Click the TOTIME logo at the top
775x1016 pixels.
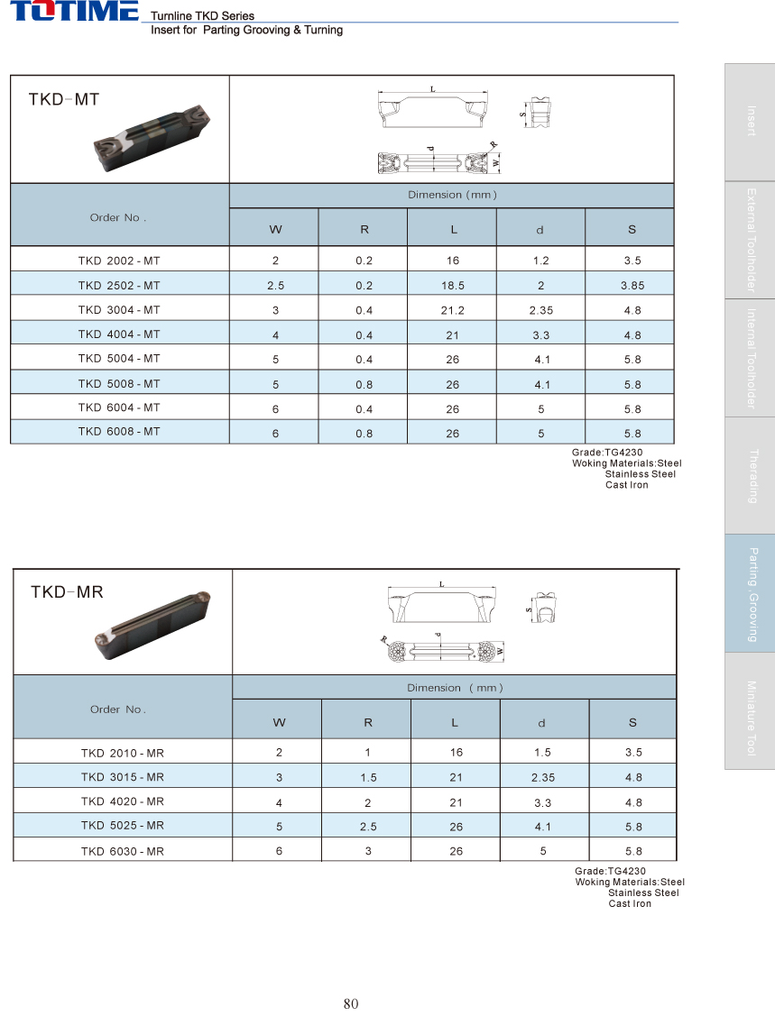74,11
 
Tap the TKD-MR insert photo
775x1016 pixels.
153,625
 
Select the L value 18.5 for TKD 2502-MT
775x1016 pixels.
452,285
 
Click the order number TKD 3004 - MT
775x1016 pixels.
119,310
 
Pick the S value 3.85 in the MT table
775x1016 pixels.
632,285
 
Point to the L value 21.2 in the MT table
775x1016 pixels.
452,310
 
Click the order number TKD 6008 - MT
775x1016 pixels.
119,432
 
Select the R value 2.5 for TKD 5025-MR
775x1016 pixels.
368,827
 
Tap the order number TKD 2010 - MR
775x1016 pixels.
122,753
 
